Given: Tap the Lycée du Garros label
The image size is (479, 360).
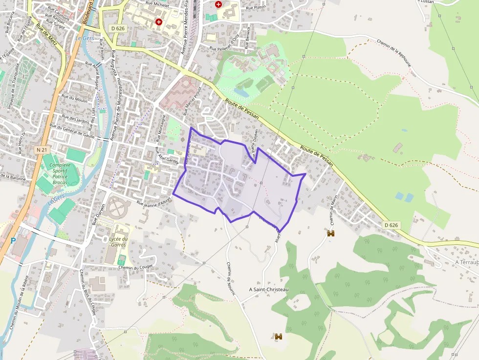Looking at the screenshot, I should pos(118,242).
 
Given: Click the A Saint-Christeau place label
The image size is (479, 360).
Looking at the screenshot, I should pos(269,290).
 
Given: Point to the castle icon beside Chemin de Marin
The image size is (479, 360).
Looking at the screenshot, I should pos(331,233).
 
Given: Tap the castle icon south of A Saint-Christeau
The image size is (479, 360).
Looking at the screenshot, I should pos(279,336).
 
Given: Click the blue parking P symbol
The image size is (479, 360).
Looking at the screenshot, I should pos(13,240).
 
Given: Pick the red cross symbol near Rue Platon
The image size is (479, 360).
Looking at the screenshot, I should pos(218,4).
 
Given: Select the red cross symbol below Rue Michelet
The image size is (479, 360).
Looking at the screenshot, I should pos(158,22).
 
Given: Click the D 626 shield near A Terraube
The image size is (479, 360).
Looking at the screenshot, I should pos(391,225).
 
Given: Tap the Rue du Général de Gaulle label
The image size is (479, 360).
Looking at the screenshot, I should pos(72,129).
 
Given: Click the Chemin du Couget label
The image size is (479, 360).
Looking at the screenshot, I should pos(136,267).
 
